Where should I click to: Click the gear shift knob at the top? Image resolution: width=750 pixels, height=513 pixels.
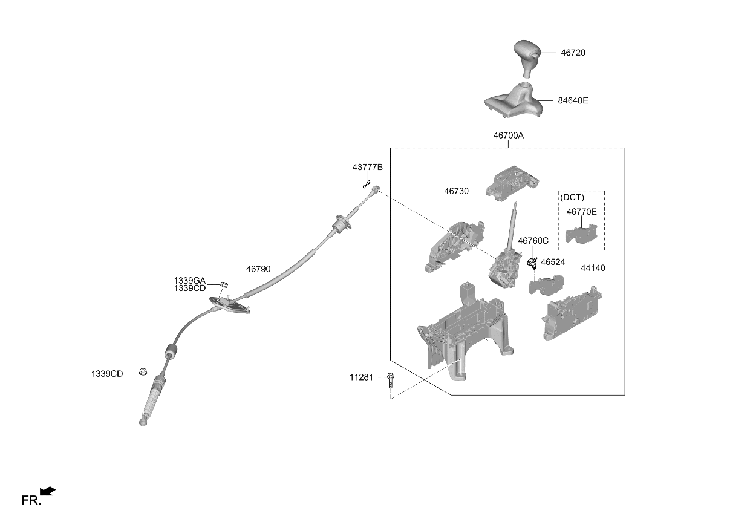527,57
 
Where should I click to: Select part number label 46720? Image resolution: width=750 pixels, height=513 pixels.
573,53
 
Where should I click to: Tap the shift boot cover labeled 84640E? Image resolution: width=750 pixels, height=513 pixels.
514,100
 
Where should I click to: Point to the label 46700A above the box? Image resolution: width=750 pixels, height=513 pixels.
508,136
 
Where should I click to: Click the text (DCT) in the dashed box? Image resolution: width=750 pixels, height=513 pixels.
572,197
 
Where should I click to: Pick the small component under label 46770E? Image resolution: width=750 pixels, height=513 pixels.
581,234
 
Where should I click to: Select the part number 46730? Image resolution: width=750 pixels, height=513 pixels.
456,191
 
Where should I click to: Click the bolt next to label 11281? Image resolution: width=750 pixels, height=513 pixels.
390,380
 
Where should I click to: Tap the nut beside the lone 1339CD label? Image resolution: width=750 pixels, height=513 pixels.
143,371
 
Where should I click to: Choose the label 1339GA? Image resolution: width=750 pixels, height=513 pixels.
189,281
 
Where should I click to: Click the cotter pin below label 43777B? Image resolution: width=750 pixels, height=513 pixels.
367,185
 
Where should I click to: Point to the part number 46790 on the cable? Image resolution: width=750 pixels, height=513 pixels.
258,269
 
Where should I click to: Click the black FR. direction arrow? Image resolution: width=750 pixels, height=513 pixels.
48,491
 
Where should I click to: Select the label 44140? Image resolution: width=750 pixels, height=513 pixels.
593,268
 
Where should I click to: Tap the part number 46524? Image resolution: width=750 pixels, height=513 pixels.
553,262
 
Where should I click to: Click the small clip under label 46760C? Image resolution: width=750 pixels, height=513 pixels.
532,263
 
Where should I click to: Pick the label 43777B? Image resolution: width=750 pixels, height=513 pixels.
367,167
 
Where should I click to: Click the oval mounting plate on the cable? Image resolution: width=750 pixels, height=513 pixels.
230,306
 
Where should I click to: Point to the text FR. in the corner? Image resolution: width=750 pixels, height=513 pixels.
31,500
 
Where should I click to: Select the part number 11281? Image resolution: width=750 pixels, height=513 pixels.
361,377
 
